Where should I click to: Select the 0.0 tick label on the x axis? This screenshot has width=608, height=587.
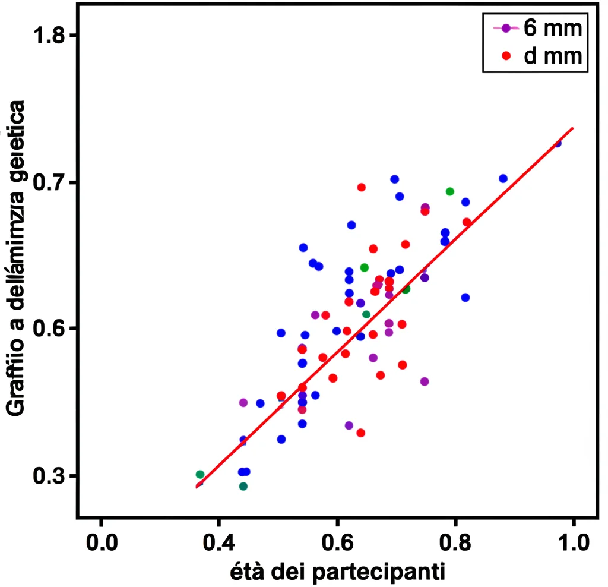point(101,542)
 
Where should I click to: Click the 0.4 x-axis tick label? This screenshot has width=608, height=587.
point(218,542)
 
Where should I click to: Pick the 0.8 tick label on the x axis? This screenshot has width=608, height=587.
point(455,542)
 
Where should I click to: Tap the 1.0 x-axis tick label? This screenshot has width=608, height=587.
point(574,542)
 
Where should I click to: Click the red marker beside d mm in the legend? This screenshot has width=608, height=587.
point(506,55)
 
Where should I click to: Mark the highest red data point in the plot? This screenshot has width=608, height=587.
point(361,187)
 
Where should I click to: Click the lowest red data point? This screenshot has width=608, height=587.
point(360,433)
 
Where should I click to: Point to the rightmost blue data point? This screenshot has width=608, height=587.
point(557,143)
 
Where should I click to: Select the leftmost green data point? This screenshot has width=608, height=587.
point(200,474)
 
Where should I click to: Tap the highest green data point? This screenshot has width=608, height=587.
point(450,191)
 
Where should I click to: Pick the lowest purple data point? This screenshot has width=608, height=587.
point(349,425)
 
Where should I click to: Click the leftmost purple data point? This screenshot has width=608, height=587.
point(243,402)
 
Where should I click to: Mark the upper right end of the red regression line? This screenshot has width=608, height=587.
point(573,127)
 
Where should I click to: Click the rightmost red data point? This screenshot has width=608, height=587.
point(467,222)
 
